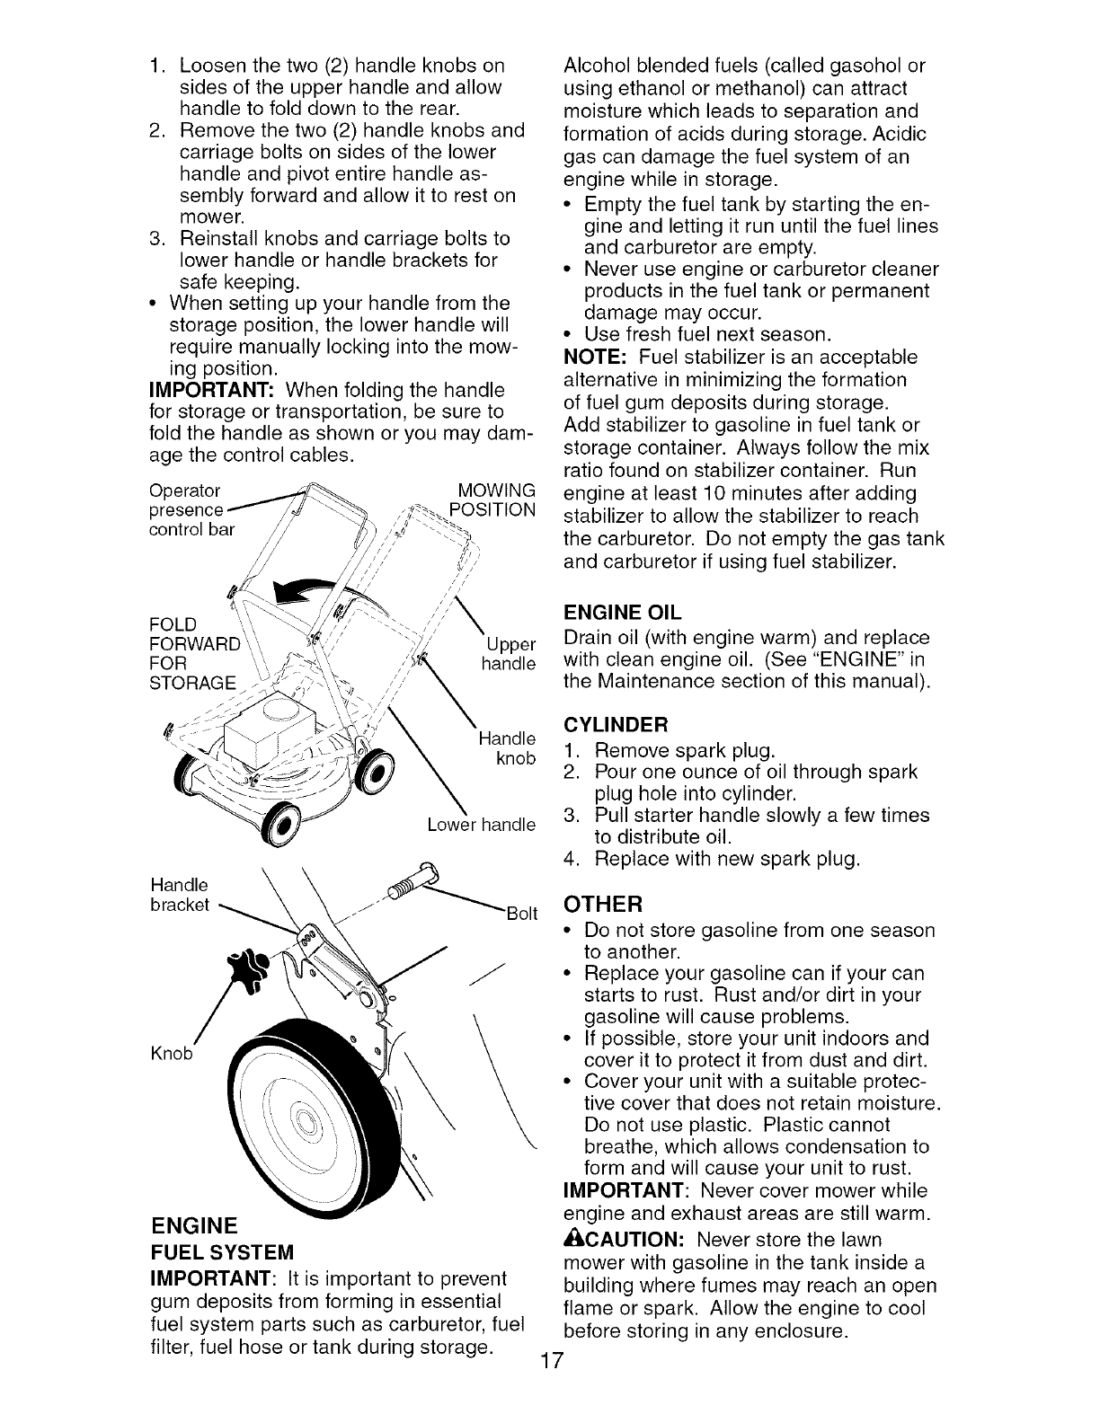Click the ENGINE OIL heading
tap(622, 614)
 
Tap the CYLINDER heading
tap(616, 725)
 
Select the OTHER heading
tap(602, 903)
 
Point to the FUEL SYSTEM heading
tap(222, 1251)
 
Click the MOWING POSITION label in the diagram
tap(495, 500)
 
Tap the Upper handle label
tap(509, 654)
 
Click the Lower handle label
tap(481, 825)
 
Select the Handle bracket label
tap(180, 894)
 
